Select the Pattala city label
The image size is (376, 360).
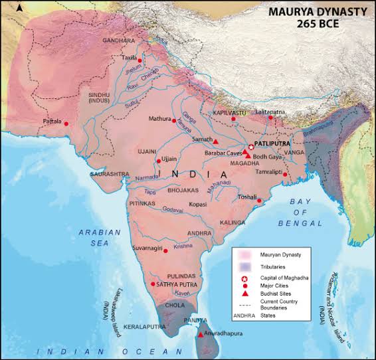tap(52, 122)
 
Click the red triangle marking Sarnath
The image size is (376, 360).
tap(216, 141)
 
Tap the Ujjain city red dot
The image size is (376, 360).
tap(157, 160)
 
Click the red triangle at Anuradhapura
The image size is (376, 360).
tap(201, 334)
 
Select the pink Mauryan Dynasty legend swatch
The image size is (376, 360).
tap(244, 255)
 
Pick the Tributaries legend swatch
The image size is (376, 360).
tap(244, 266)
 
